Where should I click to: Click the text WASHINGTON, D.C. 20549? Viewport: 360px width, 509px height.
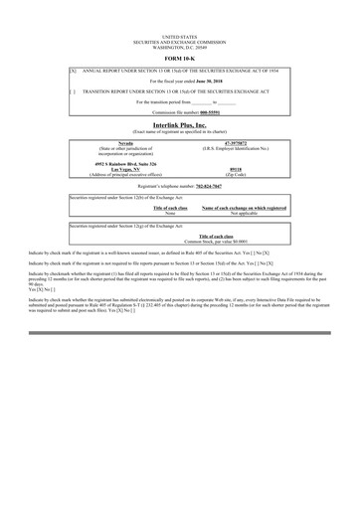click(180, 46)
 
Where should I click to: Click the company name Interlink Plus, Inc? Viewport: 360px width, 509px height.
click(180, 126)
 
